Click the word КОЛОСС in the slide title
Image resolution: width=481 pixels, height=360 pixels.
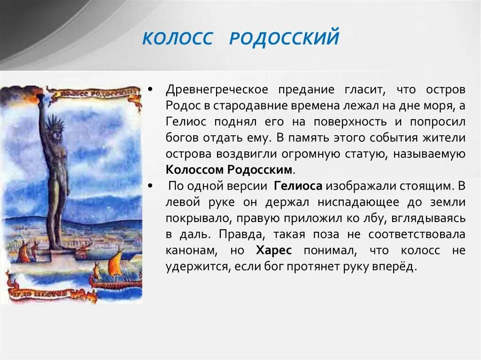[177, 38]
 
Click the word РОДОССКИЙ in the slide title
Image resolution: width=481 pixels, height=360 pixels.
[284, 38]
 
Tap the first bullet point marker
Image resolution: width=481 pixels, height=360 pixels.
[149, 90]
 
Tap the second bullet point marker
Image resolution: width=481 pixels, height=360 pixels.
[149, 186]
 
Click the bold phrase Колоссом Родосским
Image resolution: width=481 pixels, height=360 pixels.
[231, 170]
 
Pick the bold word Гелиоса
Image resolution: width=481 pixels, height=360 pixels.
[298, 186]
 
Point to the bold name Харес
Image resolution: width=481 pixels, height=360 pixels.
[274, 251]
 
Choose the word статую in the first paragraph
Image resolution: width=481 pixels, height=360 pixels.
[360, 154]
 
